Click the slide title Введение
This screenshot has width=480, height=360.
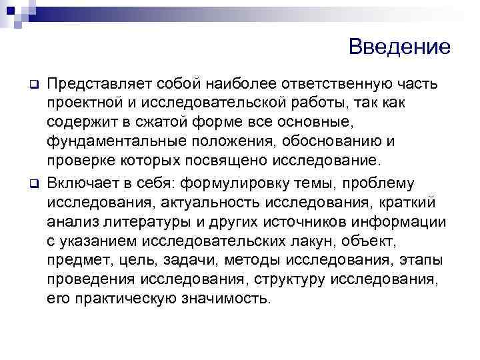click(x=399, y=47)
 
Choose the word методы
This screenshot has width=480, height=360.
click(x=255, y=259)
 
